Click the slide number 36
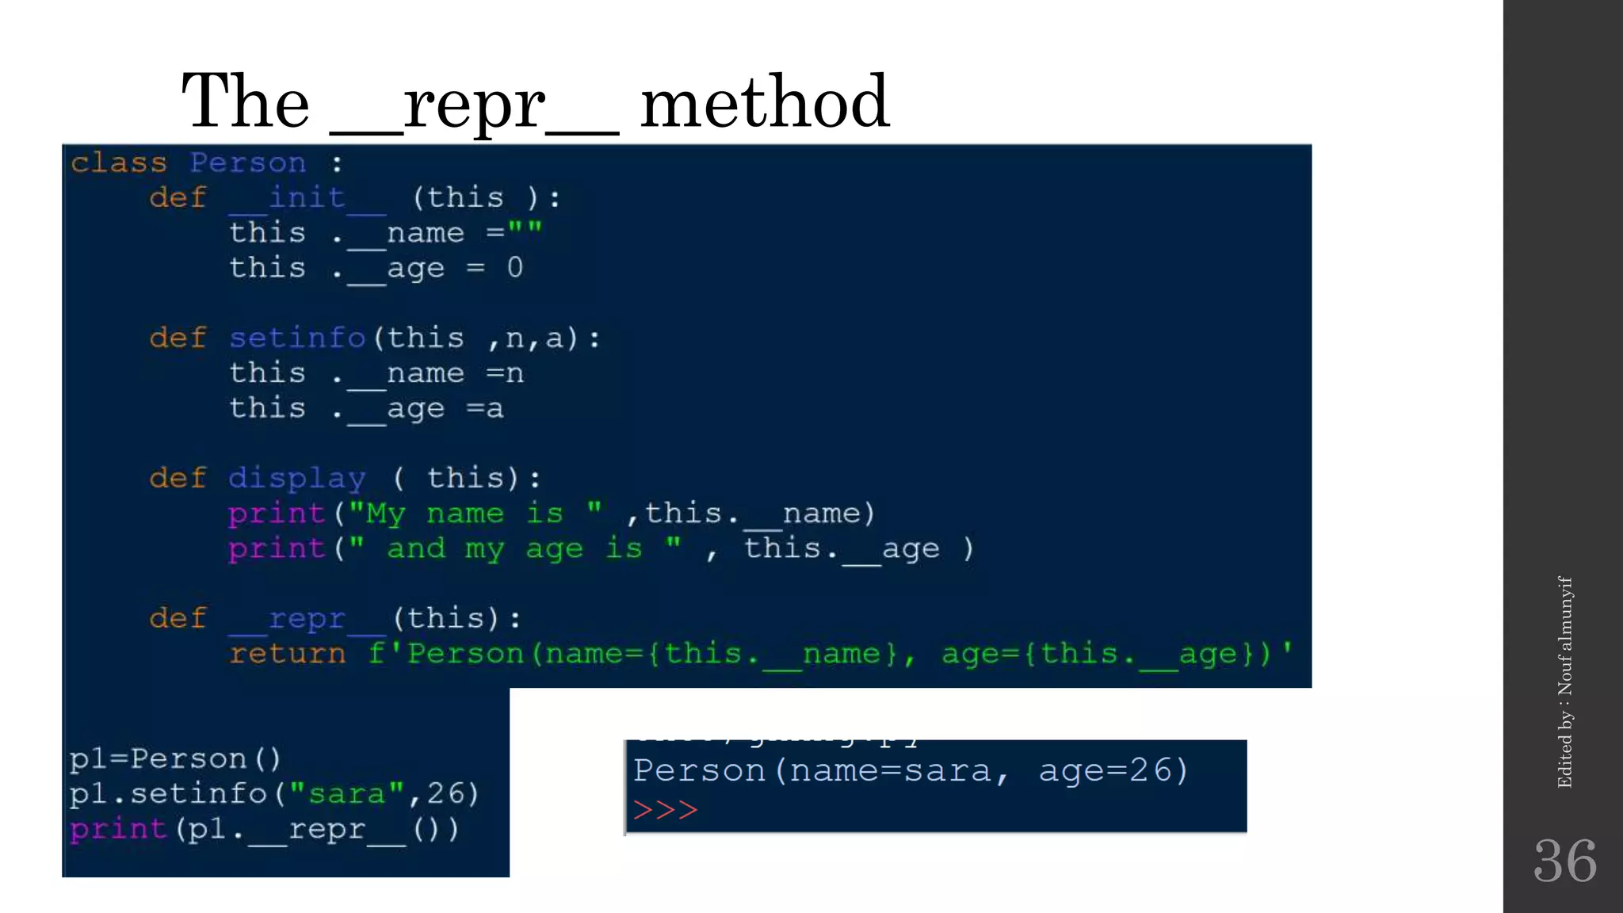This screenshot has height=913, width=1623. [x=1564, y=861]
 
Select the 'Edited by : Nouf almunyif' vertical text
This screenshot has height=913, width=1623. [x=1564, y=682]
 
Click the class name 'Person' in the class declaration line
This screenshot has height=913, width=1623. [x=247, y=162]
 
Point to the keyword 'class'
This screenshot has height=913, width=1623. [x=119, y=162]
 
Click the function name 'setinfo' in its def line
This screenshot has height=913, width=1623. [x=297, y=338]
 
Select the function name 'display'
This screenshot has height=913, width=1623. [x=297, y=478]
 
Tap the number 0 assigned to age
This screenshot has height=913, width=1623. [x=515, y=268]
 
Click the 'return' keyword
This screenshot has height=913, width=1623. [x=288, y=654]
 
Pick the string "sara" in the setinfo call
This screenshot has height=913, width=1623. [x=347, y=793]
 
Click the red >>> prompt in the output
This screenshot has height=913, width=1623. [x=665, y=810]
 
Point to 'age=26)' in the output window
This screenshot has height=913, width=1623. [x=1113, y=770]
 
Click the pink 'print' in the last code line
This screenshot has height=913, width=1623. [x=118, y=829]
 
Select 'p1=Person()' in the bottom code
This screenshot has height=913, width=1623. [x=175, y=758]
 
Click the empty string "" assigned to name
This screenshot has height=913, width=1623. [x=525, y=231]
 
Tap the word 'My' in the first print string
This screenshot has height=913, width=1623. [x=385, y=514]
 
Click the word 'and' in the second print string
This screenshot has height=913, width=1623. [x=416, y=548]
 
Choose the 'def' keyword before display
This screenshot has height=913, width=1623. [x=178, y=478]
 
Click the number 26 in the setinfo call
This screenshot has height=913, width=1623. [x=445, y=793]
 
